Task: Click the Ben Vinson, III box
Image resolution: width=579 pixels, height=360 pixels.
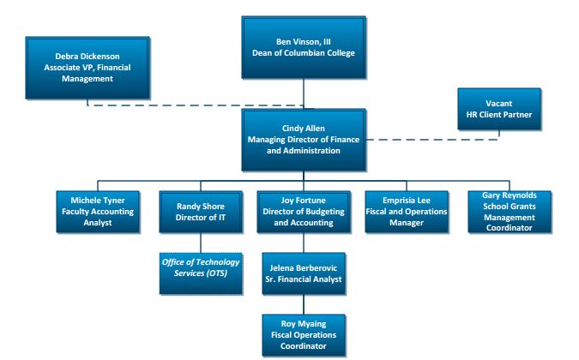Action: (x=304, y=47)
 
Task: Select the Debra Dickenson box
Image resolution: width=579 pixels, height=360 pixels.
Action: (x=87, y=68)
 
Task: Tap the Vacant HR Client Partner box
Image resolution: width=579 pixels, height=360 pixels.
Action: (x=499, y=109)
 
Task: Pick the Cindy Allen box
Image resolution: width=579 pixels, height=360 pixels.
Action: (x=304, y=140)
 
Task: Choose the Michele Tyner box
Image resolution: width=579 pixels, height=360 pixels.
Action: (x=98, y=212)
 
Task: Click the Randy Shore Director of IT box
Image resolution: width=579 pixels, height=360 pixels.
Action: (x=201, y=212)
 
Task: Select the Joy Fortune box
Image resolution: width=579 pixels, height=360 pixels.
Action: (x=304, y=212)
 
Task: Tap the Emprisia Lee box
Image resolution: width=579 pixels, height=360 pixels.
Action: (x=407, y=212)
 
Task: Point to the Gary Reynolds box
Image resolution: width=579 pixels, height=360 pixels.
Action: (x=510, y=212)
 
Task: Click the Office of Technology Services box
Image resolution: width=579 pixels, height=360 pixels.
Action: (x=201, y=273)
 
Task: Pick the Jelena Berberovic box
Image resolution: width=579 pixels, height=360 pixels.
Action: (x=304, y=273)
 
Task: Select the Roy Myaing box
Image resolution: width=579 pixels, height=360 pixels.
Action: (x=304, y=335)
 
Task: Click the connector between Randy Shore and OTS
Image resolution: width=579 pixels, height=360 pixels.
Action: (x=201, y=243)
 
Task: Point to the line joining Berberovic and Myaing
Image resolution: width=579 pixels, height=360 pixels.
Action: (x=304, y=304)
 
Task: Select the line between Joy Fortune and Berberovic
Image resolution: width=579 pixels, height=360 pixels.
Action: (x=304, y=243)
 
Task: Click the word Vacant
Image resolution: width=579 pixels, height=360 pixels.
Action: (x=499, y=104)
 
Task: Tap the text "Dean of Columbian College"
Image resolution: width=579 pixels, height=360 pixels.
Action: (x=304, y=53)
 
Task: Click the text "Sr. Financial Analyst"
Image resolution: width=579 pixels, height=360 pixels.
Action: (x=304, y=279)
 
